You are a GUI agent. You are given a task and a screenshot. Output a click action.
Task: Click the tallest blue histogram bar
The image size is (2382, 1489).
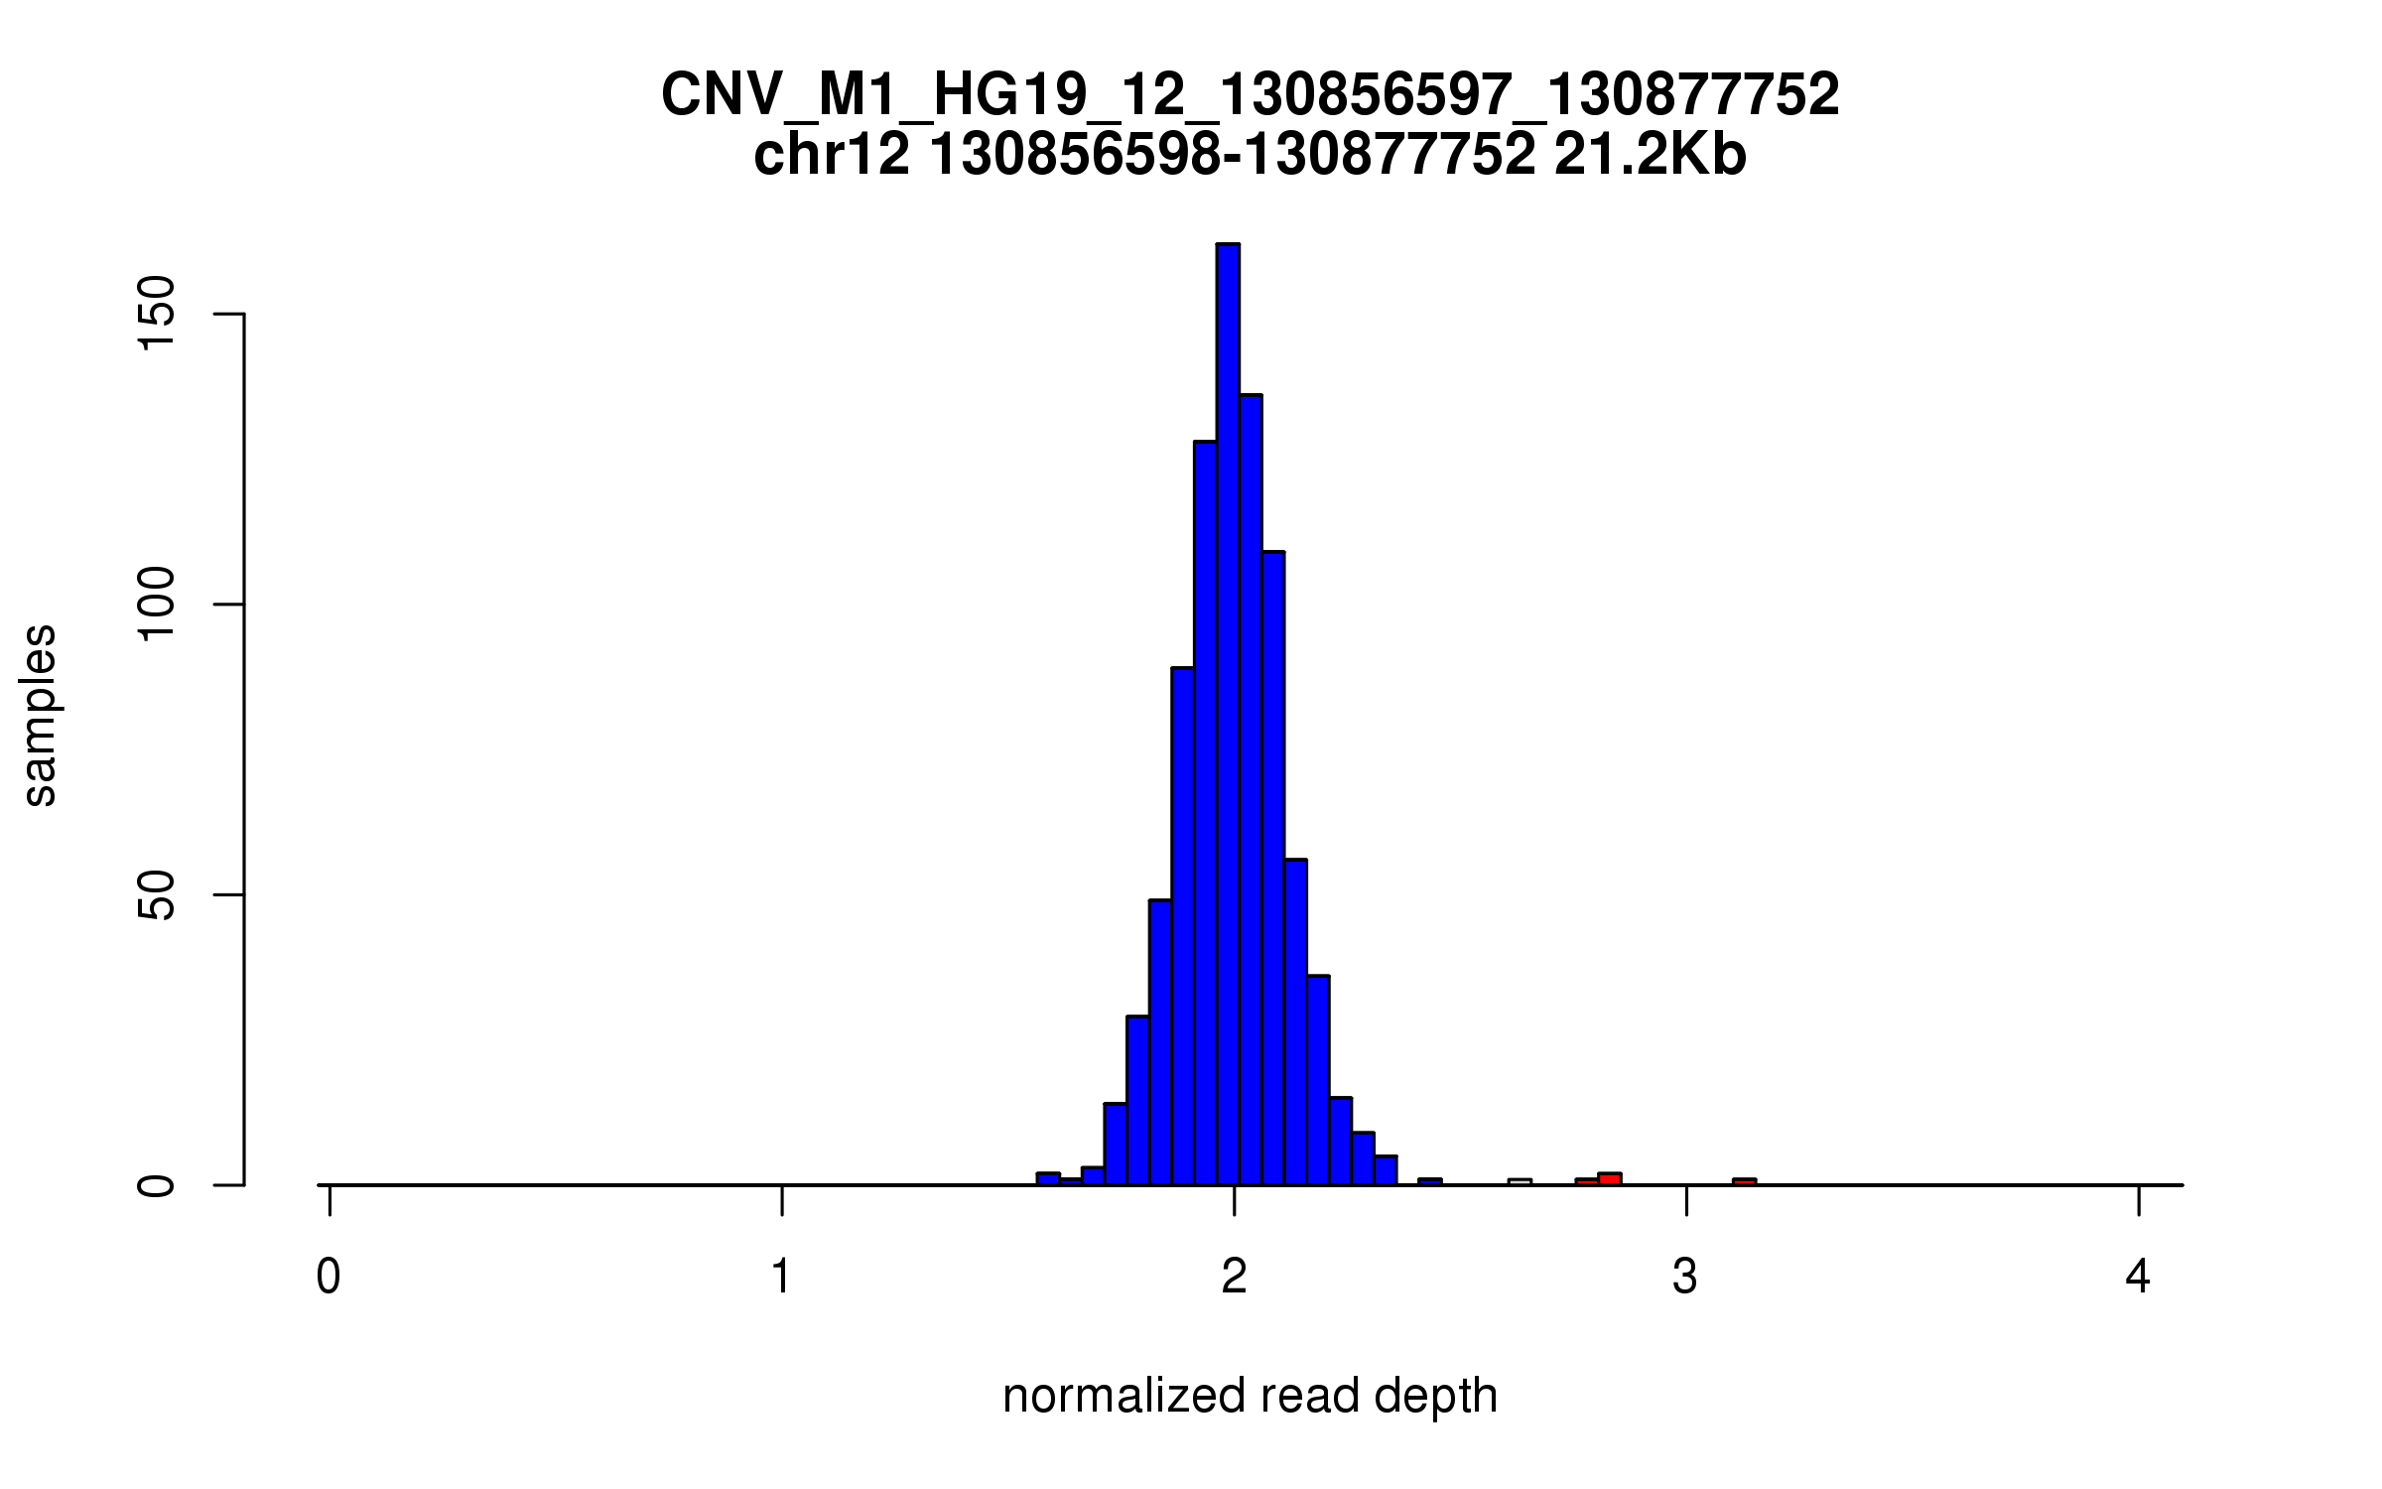coord(1228,715)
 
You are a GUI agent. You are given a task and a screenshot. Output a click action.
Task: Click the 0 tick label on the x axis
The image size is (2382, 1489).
coord(329,1277)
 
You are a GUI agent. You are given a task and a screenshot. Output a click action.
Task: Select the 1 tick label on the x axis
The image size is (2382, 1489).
coord(782,1277)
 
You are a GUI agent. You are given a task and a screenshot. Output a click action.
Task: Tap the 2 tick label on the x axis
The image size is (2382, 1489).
coord(1234,1277)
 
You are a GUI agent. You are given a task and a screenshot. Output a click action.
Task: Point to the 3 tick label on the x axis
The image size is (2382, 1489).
coord(1685,1277)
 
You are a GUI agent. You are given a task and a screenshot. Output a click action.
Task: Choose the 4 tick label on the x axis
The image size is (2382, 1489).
coord(2138,1277)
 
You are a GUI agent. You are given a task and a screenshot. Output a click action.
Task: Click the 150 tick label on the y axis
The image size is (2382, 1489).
coord(157,314)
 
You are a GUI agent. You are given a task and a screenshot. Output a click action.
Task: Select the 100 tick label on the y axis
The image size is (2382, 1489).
coord(157,605)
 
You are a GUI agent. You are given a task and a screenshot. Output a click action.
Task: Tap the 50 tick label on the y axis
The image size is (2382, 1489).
coord(157,895)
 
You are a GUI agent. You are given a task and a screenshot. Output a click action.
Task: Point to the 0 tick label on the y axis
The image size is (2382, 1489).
coord(157,1185)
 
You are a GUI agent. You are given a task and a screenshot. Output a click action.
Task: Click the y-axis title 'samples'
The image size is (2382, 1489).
coord(40,715)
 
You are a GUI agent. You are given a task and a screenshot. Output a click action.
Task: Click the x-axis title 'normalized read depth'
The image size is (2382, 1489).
coord(1250,1396)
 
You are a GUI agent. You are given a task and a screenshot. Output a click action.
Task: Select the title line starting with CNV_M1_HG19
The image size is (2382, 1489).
coord(1250,95)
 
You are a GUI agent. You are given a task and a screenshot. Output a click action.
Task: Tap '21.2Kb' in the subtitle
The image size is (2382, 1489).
coord(1650,156)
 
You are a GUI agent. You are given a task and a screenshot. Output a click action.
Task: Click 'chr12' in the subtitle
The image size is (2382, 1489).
coord(832,156)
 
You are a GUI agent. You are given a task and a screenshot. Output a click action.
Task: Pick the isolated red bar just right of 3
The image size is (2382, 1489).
coord(1744,1182)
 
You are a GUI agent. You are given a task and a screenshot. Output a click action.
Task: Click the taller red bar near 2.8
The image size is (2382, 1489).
coord(1610,1179)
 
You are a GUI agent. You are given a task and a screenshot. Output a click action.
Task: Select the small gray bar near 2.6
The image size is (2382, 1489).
coord(1520,1182)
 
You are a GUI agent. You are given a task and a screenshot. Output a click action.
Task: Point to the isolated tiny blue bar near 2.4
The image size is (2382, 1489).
coord(1429,1182)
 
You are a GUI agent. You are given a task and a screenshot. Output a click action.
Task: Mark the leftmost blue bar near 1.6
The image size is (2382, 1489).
coord(1048,1179)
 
